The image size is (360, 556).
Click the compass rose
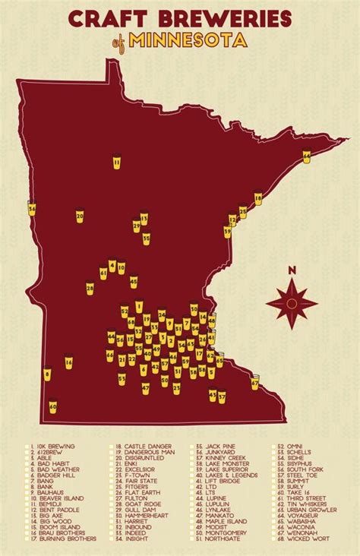pos(291,303)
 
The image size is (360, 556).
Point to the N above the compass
pos(291,270)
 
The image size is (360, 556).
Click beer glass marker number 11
pos(117,162)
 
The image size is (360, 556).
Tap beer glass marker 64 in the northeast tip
pos(307,156)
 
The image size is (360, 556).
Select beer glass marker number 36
pos(32,207)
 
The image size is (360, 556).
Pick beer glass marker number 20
pos(80,216)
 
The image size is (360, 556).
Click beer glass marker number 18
pos(257,199)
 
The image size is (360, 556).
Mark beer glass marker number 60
pos(53,406)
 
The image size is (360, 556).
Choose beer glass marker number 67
pos(254,384)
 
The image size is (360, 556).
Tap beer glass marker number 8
pos(47,374)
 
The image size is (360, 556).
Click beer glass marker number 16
pos(68,363)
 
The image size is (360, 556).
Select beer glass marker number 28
pos(90,289)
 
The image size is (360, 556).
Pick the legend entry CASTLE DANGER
pos(141,449)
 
